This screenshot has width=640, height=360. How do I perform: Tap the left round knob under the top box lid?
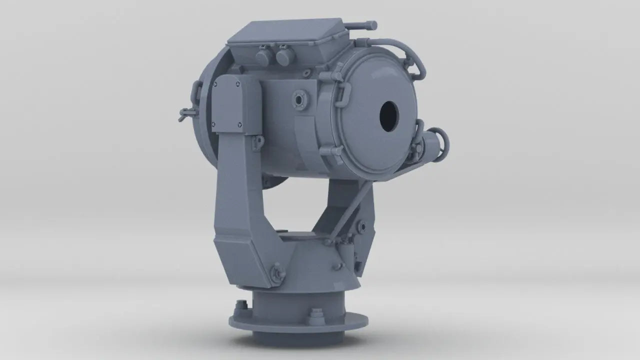click(x=263, y=57)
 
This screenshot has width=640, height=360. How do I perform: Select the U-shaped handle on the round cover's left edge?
click(x=343, y=92)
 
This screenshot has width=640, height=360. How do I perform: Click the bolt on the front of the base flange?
click(x=316, y=316)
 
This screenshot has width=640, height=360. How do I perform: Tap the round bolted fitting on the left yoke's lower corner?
click(x=274, y=272)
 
